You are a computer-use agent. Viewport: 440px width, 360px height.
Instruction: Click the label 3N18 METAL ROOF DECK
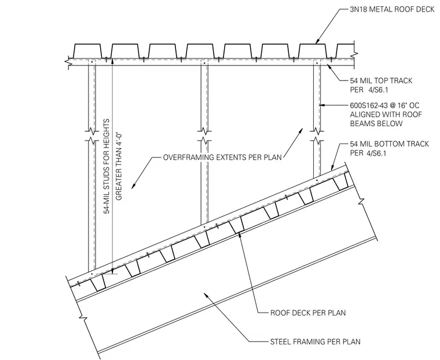pos(392,9)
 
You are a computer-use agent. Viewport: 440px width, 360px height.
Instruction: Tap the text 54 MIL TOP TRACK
pos(381,81)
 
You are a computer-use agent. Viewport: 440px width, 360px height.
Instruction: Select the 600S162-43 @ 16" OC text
pos(385,105)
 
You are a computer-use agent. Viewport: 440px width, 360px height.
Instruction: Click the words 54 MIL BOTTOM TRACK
pos(390,144)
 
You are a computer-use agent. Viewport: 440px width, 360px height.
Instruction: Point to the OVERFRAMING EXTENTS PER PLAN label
pos(222,157)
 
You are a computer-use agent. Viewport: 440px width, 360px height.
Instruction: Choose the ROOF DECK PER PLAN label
pos(308,313)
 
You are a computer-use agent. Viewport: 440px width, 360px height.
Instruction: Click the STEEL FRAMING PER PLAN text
pos(315,341)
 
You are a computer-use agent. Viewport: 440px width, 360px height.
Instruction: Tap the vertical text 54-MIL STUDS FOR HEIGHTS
pos(107,167)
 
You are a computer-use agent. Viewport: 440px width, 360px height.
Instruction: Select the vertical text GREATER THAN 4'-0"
pos(119,165)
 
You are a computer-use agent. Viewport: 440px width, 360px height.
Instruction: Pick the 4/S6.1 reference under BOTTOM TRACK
pos(376,153)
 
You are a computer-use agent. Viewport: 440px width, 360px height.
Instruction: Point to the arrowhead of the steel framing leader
pos(206,295)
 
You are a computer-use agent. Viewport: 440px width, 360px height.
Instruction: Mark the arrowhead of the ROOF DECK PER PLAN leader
pos(240,234)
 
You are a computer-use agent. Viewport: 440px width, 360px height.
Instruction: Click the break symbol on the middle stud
pos(204,135)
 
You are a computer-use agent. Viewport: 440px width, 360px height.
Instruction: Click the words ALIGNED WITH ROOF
pos(386,115)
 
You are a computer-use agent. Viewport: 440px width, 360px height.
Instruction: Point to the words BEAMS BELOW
pos(376,124)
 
